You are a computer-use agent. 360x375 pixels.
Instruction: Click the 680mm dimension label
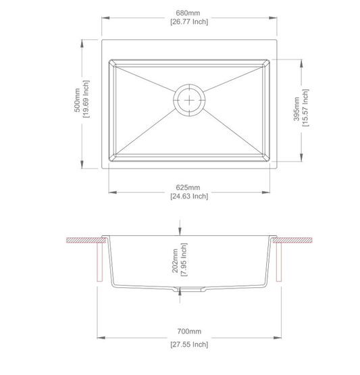tap(189, 12)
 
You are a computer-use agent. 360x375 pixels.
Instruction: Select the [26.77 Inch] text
tap(189, 22)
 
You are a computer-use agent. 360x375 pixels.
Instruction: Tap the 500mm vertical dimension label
tap(77, 99)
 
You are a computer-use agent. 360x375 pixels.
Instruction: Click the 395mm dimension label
tap(297, 108)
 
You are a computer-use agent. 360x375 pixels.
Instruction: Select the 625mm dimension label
tap(189, 186)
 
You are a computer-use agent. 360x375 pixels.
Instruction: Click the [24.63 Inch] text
tap(189, 197)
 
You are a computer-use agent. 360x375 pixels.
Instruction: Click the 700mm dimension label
tap(189, 332)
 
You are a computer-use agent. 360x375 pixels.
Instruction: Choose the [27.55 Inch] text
tap(189, 344)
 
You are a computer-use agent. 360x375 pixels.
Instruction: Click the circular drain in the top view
tap(190, 99)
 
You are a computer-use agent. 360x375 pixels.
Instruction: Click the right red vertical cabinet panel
tap(278, 264)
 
